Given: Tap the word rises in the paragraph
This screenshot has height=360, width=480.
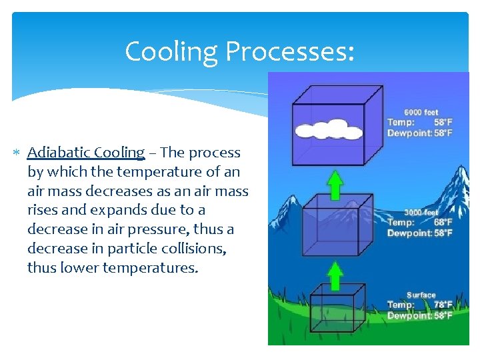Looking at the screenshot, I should (43, 210).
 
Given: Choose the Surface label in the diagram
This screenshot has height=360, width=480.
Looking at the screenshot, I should (421, 295).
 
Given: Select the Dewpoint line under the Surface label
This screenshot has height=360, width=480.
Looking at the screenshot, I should (420, 316).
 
